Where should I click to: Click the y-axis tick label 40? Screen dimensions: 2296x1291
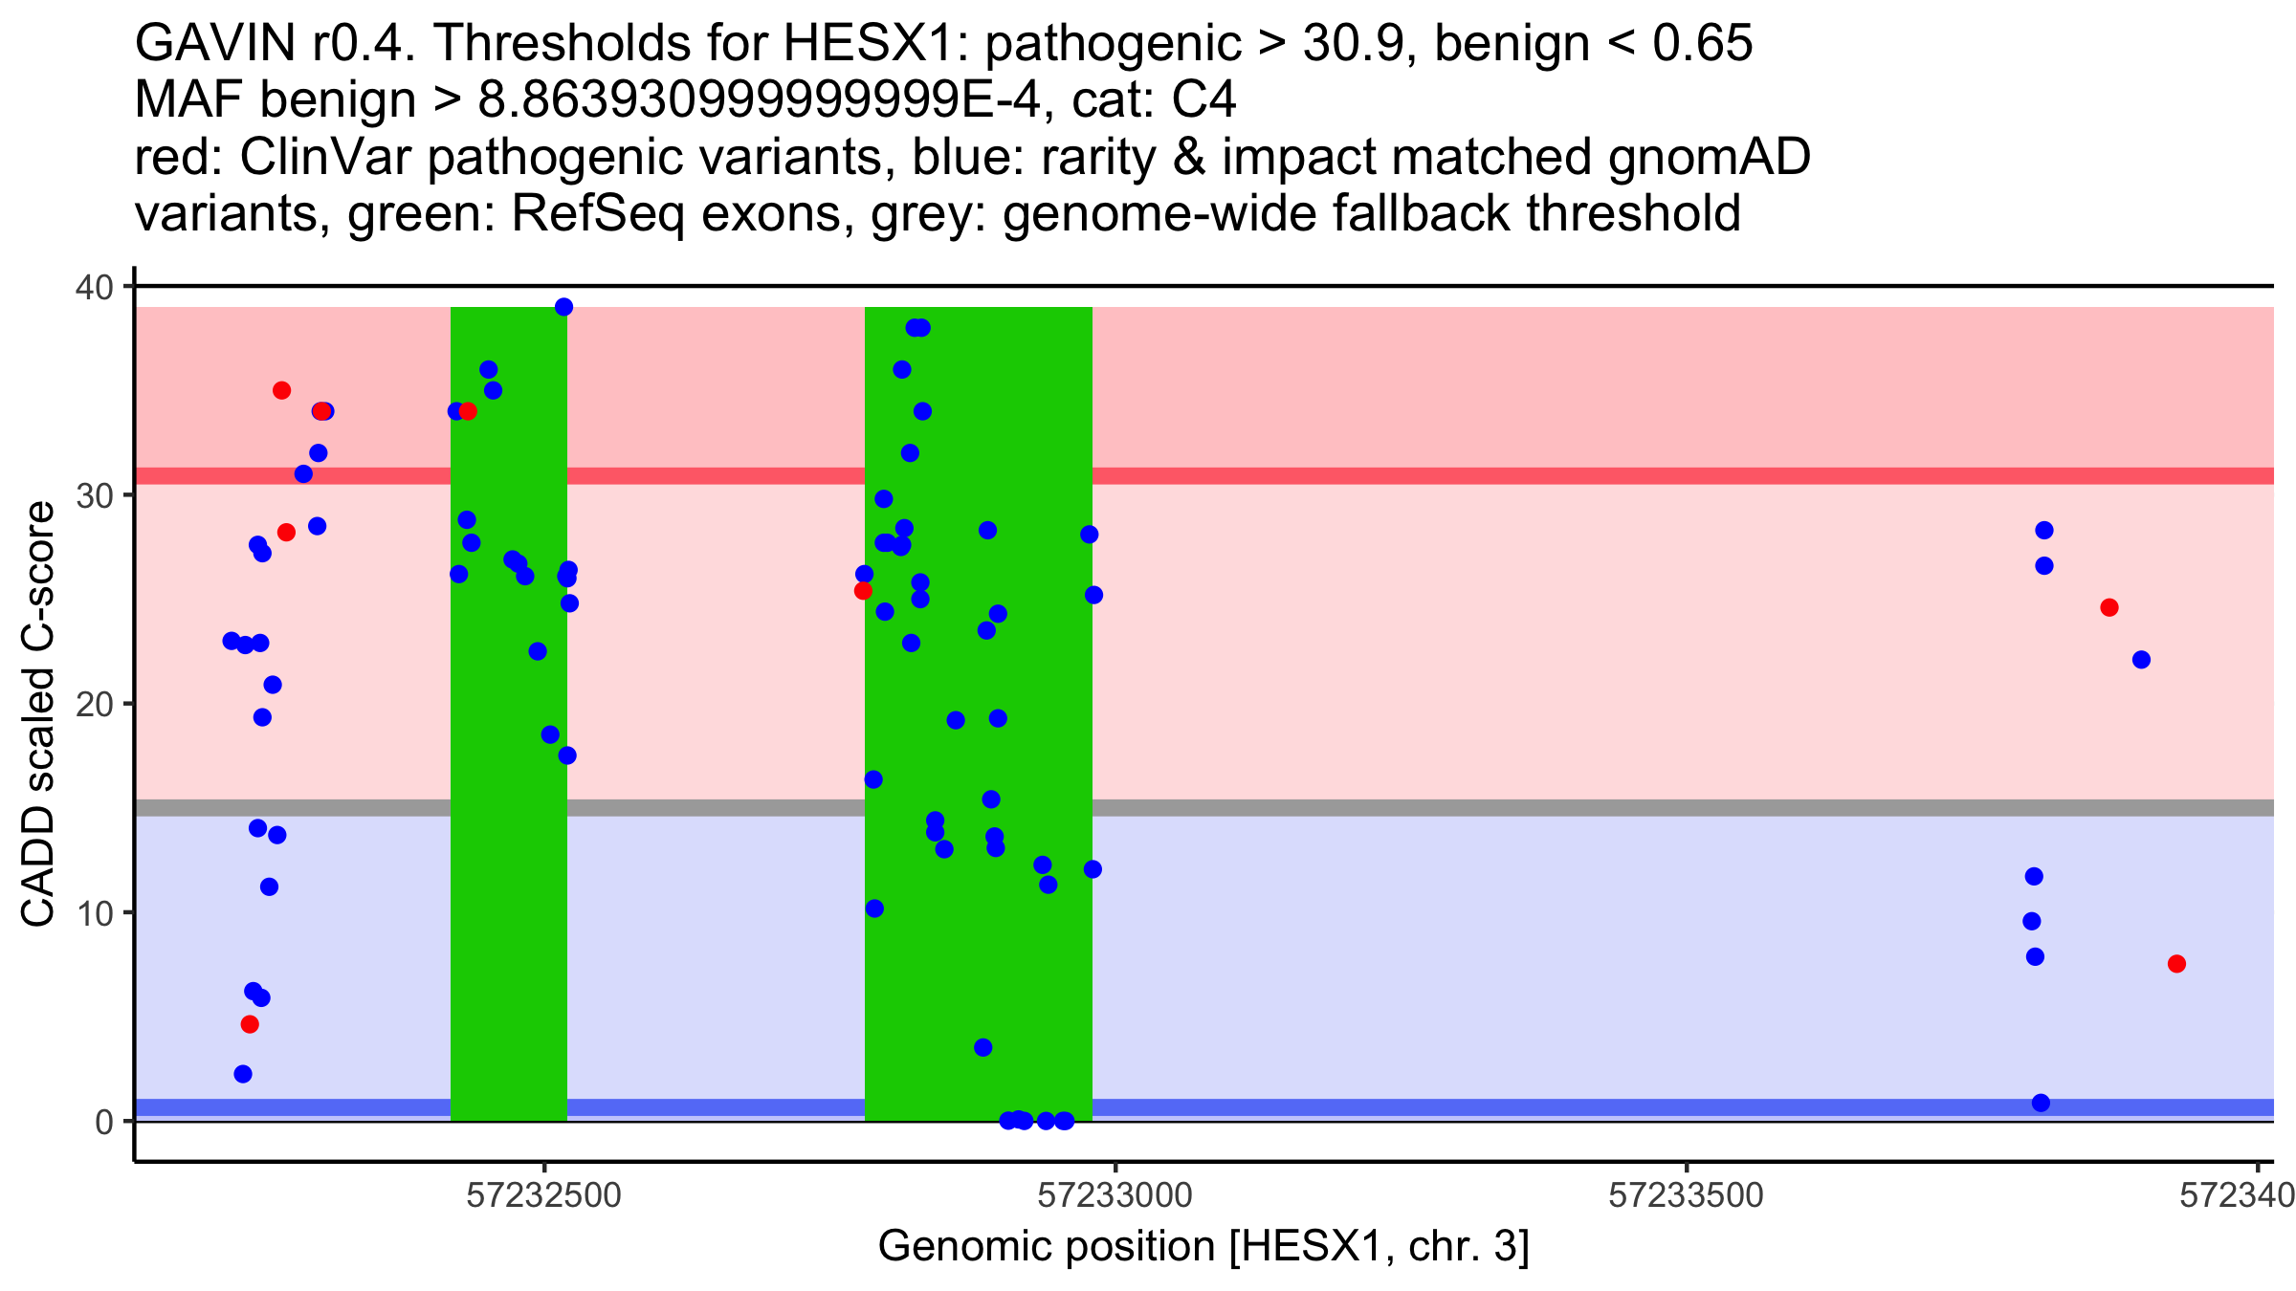tap(94, 287)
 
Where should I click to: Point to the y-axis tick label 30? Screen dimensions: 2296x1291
tap(94, 495)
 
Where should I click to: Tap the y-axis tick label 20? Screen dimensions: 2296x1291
tap(94, 704)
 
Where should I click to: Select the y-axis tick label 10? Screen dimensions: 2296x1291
tap(94, 912)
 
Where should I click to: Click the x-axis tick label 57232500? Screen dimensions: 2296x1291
tap(544, 1195)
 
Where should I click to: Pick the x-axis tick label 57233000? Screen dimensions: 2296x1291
tap(1115, 1195)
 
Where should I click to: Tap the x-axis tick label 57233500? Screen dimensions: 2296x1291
tap(1686, 1195)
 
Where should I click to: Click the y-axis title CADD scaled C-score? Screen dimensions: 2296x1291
tap(38, 714)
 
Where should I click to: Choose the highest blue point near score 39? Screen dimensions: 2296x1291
tap(564, 307)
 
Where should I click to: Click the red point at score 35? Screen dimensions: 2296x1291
tap(281, 390)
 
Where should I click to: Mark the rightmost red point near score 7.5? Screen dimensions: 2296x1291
tap(2176, 964)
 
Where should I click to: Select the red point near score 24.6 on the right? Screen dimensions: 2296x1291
tap(2109, 607)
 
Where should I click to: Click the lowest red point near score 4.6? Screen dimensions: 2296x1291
tap(250, 1024)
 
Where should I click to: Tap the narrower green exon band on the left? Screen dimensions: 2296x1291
tap(509, 713)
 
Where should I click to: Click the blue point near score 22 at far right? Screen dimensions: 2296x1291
tap(2141, 660)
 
